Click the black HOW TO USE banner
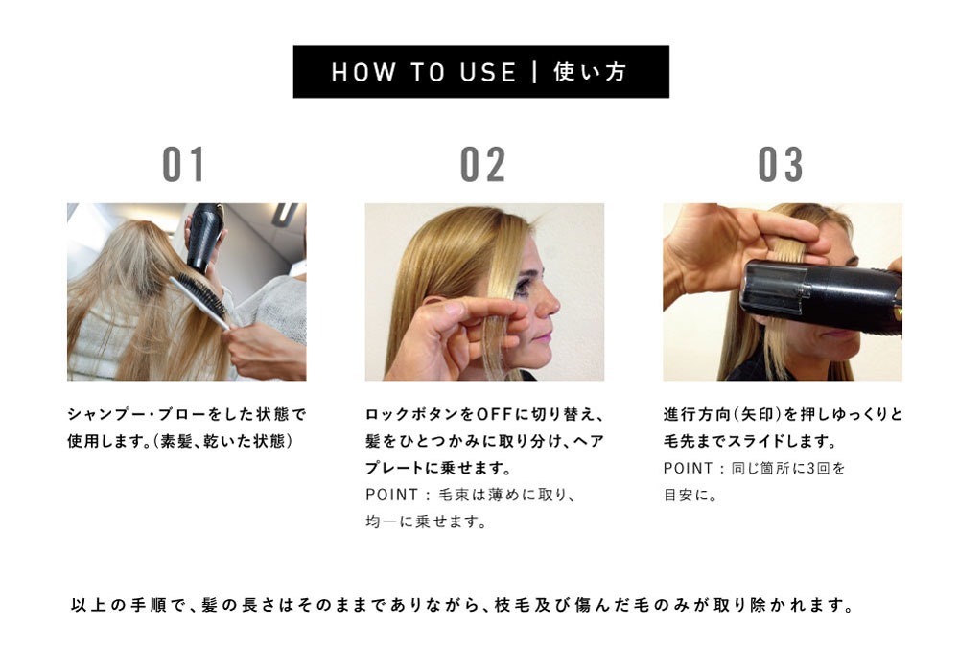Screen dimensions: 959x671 (480, 72)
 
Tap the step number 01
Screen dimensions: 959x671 (183, 164)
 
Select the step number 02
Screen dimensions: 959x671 (483, 164)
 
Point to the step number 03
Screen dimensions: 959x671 (781, 164)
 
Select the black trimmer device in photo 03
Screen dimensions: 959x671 (822, 297)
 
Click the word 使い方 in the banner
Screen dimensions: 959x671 (590, 72)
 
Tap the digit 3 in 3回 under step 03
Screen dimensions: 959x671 (811, 468)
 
